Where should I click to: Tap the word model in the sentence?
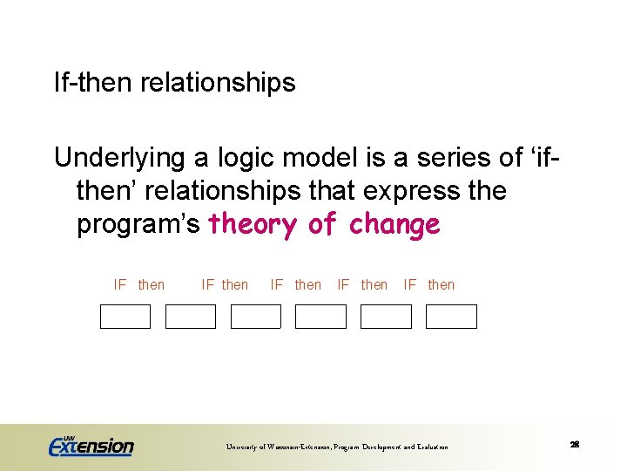coord(320,158)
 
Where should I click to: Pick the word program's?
coord(139,224)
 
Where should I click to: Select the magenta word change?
coord(394,224)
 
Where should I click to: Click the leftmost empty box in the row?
coord(125,317)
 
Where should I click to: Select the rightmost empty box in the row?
coord(451,317)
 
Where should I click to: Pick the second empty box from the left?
coord(191,317)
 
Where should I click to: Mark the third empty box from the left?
coord(256,317)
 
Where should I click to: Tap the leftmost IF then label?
coord(138,285)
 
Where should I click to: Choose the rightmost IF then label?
coord(428,285)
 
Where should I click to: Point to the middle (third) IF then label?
coord(295,285)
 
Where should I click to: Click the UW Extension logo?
coord(91,446)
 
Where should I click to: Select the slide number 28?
coord(575,445)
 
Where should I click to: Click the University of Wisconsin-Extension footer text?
coord(337,447)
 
